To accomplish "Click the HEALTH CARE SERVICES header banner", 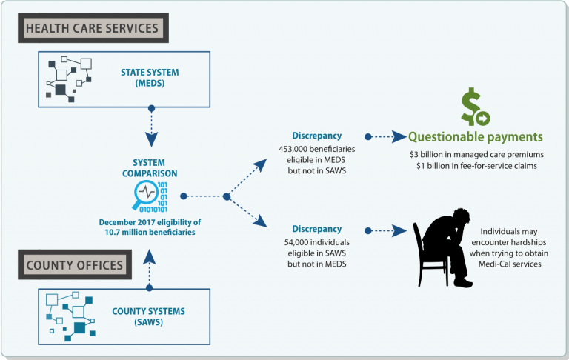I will click(x=93, y=29).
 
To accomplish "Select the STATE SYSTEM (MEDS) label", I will click(x=151, y=79).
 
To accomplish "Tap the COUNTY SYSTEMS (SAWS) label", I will click(x=151, y=316).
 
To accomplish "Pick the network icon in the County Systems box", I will click(x=69, y=316).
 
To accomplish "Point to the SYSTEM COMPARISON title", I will click(x=150, y=167).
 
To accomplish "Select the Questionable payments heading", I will click(x=476, y=137).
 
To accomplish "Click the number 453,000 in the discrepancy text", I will click(x=314, y=149).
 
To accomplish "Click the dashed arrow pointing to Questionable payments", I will click(x=387, y=137).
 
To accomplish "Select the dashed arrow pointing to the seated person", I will click(x=387, y=230).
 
